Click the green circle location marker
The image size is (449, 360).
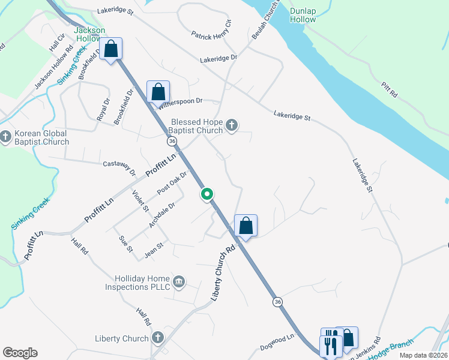(x=207, y=194)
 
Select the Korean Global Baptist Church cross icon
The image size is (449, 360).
(x=5, y=137)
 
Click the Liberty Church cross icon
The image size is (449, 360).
(x=157, y=338)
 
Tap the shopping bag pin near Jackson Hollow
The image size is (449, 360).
(x=111, y=49)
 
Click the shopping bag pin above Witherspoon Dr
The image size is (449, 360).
(x=158, y=92)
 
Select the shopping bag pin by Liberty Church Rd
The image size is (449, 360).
(x=246, y=226)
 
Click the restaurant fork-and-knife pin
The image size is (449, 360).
(x=330, y=346)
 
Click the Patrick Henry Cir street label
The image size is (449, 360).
(x=211, y=32)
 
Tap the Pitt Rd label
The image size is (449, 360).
(x=389, y=91)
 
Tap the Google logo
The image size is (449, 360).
(x=20, y=353)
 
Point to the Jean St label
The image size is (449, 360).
(x=154, y=249)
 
